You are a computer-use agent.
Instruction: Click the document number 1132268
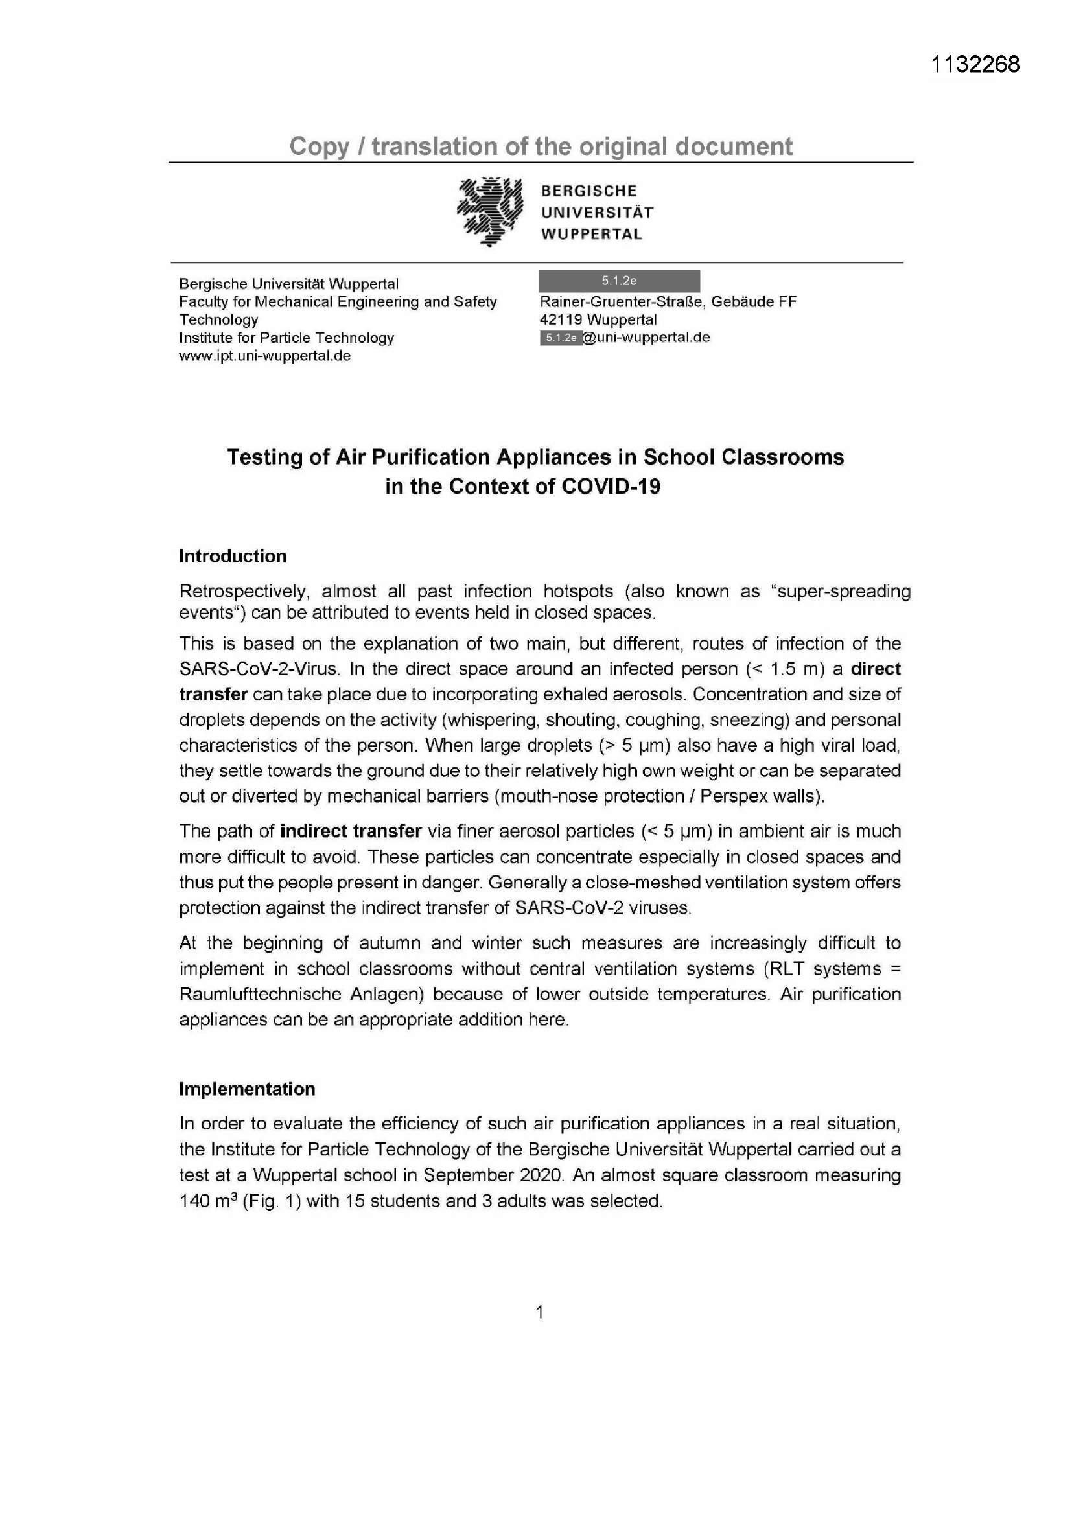975,64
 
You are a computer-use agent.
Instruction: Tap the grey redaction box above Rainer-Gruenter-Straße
618,281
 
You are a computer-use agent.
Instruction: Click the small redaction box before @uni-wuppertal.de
561,338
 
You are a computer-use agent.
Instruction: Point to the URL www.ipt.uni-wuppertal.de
264,356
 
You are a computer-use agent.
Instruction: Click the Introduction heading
233,556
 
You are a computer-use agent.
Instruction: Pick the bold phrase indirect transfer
351,831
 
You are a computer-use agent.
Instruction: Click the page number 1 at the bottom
539,1312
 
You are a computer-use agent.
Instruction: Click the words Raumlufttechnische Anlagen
301,995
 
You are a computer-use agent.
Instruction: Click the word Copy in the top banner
319,146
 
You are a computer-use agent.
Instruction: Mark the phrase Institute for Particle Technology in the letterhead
286,338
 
